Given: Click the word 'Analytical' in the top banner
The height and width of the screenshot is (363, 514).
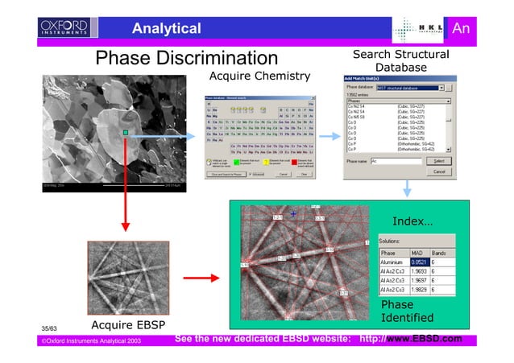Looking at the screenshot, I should click(x=166, y=29).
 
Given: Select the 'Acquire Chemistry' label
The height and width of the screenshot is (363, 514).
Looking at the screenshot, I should click(x=259, y=76).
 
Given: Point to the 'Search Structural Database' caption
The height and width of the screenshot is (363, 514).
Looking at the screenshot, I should click(x=400, y=60).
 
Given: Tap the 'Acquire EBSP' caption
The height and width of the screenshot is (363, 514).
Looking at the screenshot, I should click(x=130, y=325).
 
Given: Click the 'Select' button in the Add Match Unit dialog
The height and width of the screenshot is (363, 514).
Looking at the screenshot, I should click(x=438, y=160).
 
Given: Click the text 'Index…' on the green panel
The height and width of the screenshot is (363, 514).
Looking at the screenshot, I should click(x=412, y=221).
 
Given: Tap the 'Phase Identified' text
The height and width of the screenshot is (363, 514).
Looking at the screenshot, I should click(x=407, y=311).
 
